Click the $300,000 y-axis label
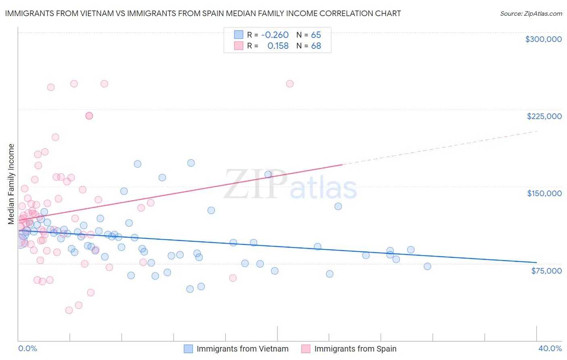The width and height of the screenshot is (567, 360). click(543, 39)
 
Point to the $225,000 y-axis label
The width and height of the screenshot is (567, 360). click(544, 116)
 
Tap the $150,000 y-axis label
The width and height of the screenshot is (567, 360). click(544, 193)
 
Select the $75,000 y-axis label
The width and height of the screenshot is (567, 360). click(546, 270)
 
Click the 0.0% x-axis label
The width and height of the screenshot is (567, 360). click(27, 348)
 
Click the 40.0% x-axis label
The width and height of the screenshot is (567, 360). click(550, 348)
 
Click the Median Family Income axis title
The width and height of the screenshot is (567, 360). click(11, 184)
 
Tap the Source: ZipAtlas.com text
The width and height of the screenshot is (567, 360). click(531, 13)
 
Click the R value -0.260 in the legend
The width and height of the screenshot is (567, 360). click(275, 35)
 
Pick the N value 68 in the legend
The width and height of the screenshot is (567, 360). click(316, 46)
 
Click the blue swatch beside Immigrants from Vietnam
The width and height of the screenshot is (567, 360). click(188, 349)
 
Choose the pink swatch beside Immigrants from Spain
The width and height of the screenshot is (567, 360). click(306, 349)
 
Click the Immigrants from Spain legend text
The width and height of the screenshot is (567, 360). click(355, 349)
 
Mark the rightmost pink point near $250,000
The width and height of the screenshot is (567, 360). click(290, 84)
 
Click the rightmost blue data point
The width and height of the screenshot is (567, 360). click(427, 266)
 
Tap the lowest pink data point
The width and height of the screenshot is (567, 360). click(69, 310)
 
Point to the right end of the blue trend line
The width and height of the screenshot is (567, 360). click(536, 263)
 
